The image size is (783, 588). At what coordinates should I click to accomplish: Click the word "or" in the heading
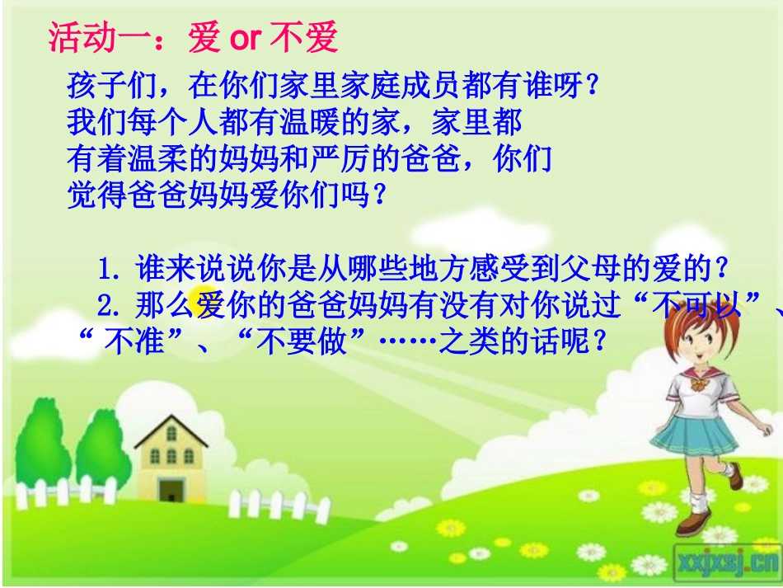click(246, 38)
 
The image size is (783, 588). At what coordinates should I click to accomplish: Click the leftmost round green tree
click(41, 437)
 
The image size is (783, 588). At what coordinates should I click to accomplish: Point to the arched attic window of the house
click(171, 432)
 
